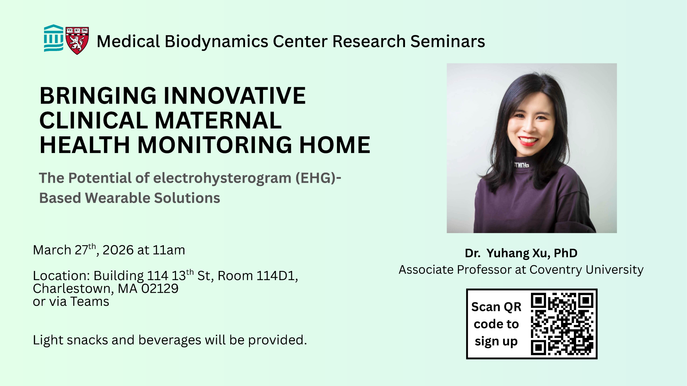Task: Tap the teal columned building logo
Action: point(54,38)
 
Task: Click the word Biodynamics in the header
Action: point(216,42)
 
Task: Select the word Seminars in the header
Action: point(448,42)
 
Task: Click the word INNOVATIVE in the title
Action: point(235,96)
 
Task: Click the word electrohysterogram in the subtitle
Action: point(222,178)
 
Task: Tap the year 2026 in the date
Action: point(118,250)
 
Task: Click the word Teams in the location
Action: point(90,302)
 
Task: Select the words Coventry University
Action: point(587,270)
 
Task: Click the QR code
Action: point(562,324)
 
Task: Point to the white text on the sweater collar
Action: point(521,165)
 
